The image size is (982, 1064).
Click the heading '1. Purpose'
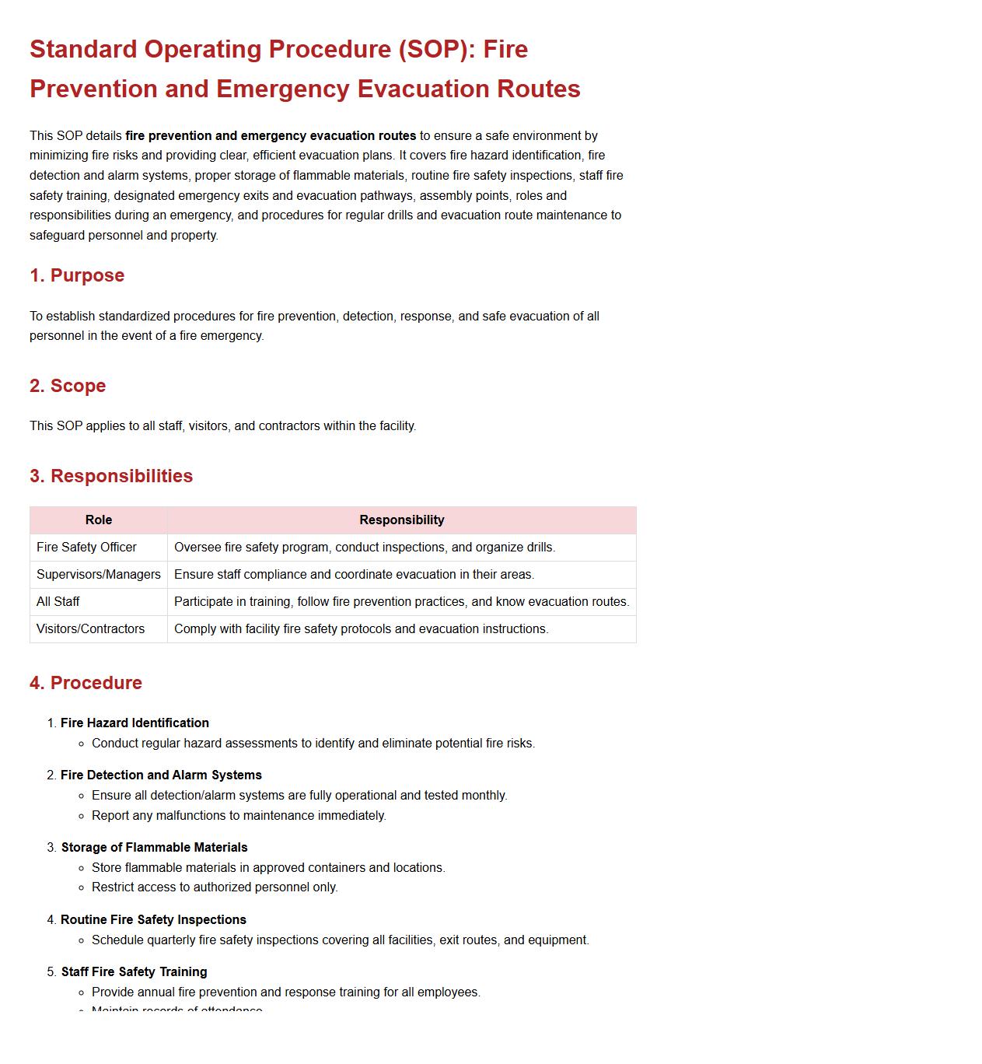click(x=77, y=275)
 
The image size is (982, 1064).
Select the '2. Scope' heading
click(x=68, y=386)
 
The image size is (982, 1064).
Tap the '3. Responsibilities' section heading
click(x=111, y=476)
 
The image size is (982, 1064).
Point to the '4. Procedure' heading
click(x=86, y=683)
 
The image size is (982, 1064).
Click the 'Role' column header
click(x=99, y=520)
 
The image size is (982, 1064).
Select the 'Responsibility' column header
click(x=401, y=520)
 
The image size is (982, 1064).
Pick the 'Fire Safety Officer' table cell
click(x=86, y=548)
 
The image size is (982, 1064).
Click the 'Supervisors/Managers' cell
click(x=99, y=575)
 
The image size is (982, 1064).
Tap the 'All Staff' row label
click(x=58, y=602)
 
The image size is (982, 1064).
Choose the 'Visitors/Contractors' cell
click(x=90, y=629)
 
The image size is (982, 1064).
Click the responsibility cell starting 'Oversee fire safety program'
click(x=365, y=548)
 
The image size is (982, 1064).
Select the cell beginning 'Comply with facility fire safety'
click(x=361, y=629)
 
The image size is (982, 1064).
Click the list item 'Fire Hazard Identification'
click(x=135, y=723)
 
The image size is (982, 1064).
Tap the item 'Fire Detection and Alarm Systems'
click(x=161, y=775)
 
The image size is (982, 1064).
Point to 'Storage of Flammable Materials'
click(x=154, y=848)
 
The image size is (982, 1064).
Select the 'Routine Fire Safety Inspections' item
click(x=153, y=920)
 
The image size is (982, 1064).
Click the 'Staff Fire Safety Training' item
click(x=134, y=972)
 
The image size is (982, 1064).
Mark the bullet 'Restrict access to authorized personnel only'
click(x=215, y=887)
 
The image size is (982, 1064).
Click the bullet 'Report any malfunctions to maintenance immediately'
click(x=239, y=816)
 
